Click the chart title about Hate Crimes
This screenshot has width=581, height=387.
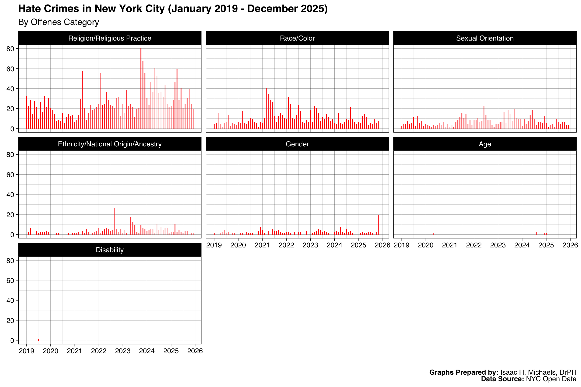(x=173, y=9)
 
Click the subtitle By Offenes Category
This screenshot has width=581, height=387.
(x=59, y=22)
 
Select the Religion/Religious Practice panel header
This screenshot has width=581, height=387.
(x=110, y=38)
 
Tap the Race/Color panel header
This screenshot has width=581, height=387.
(x=297, y=38)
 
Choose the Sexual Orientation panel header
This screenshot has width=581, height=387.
(x=485, y=38)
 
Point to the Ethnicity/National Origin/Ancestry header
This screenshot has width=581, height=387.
(x=110, y=144)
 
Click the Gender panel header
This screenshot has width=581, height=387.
(x=297, y=144)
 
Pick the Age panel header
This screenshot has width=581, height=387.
(x=485, y=144)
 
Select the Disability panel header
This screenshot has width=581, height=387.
(x=110, y=250)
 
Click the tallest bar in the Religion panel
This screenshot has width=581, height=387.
(x=141, y=88)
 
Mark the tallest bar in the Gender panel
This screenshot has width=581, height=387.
(x=379, y=225)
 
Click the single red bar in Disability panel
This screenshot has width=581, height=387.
(x=38, y=340)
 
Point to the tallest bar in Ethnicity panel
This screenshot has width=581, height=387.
(x=115, y=221)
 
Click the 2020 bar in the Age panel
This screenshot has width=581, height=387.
(x=434, y=234)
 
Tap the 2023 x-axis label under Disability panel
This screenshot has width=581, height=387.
(x=123, y=351)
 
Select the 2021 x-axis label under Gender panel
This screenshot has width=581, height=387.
(x=262, y=245)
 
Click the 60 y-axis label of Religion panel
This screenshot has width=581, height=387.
(x=10, y=69)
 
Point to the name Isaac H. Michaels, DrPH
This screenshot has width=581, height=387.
(x=538, y=372)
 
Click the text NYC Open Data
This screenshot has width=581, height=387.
(x=551, y=379)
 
